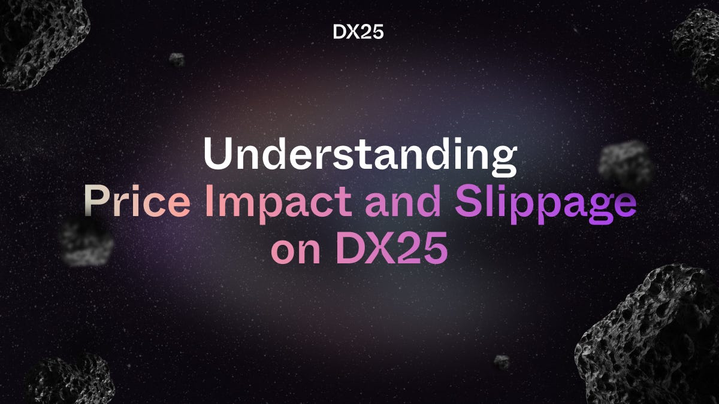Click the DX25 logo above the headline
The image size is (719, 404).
358,32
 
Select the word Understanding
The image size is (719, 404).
359,156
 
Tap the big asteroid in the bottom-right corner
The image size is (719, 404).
650,338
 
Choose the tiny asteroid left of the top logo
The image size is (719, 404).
177,59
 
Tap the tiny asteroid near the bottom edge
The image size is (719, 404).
502,362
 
